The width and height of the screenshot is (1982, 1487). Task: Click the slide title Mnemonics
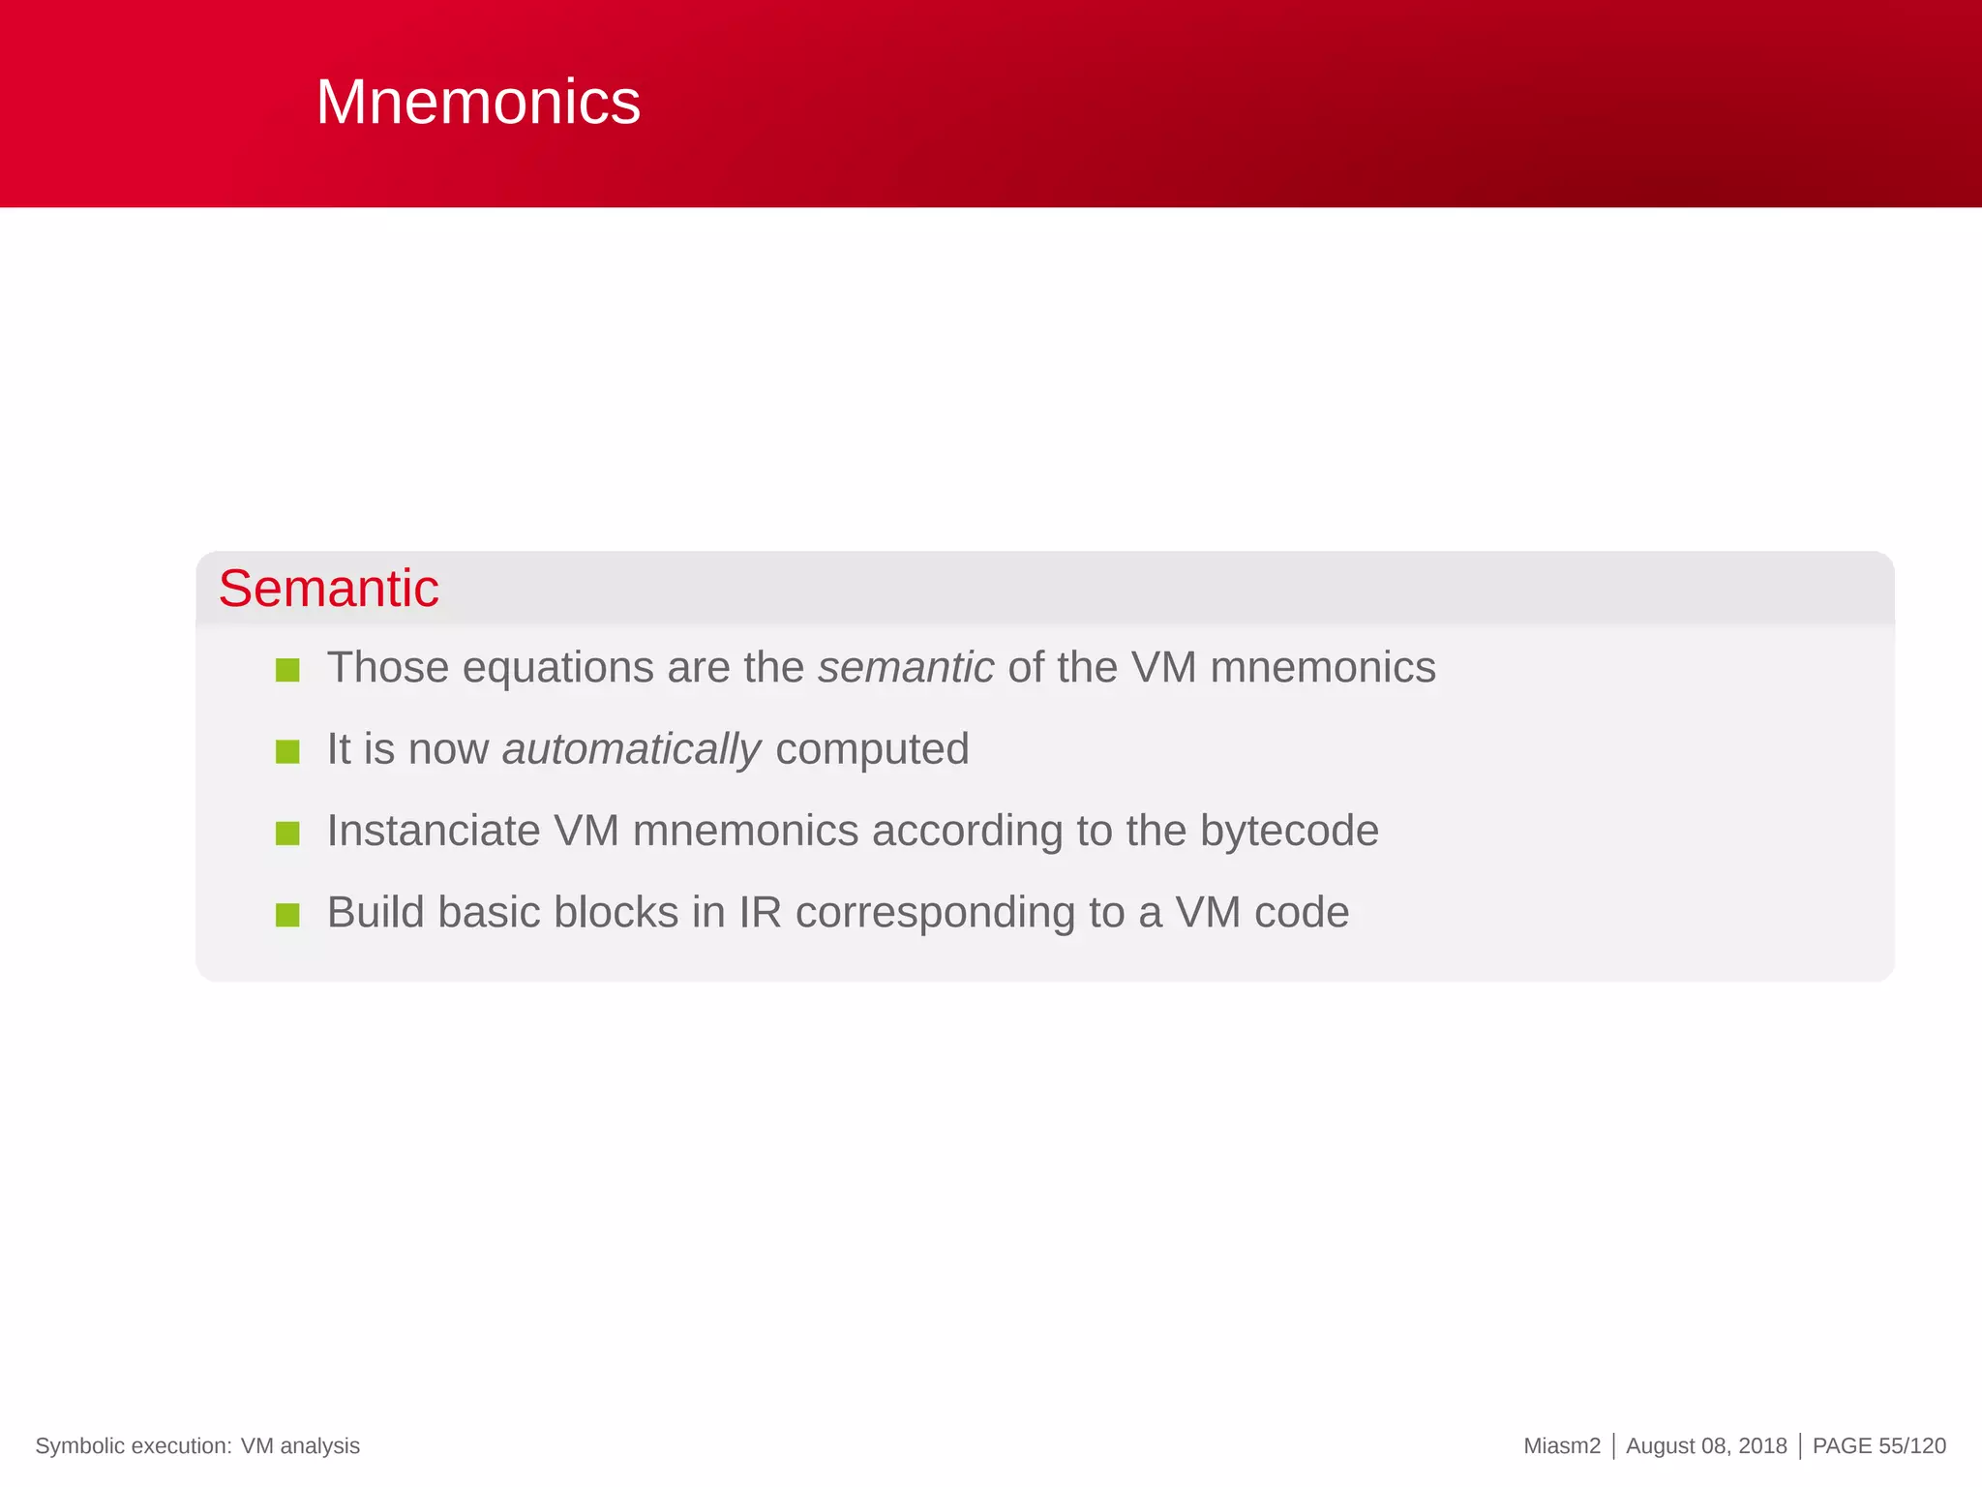[x=478, y=102]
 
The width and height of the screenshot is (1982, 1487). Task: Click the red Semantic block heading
[x=328, y=589]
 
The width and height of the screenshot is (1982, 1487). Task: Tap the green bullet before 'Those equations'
[x=287, y=670]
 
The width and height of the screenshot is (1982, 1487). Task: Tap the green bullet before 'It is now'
[x=287, y=751]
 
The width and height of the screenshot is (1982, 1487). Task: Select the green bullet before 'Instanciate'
[x=287, y=834]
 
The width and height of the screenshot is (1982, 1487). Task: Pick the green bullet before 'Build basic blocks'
[x=287, y=915]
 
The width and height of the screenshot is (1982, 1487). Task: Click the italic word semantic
[x=905, y=668]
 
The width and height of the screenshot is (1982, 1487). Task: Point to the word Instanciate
[x=433, y=831]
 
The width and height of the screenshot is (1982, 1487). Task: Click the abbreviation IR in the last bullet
[x=760, y=913]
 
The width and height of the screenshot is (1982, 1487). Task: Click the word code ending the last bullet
[x=1301, y=913]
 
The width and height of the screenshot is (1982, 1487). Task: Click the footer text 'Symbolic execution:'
[x=134, y=1446]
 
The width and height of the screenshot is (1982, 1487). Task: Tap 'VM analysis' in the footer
[x=300, y=1446]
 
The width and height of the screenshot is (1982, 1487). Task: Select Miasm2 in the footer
[x=1561, y=1446]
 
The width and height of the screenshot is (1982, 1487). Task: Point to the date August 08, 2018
[x=1706, y=1446]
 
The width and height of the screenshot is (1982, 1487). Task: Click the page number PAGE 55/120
[x=1878, y=1446]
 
